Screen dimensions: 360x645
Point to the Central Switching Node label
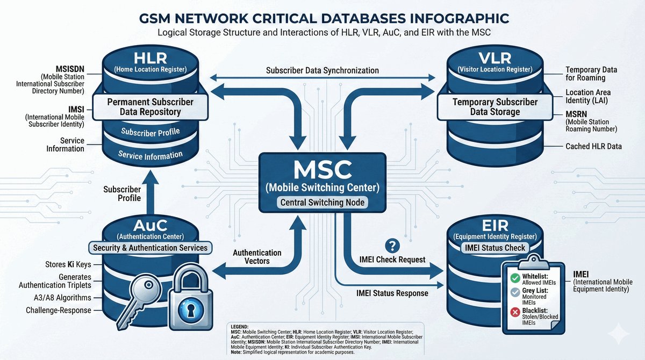coord(322,203)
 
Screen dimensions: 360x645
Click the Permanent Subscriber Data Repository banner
coord(143,106)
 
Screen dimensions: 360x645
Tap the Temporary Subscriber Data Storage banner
coord(494,106)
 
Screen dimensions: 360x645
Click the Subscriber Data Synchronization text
coord(322,70)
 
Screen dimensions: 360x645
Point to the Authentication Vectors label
coord(257,256)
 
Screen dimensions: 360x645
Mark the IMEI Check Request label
coord(392,260)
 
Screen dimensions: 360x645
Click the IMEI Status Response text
coord(392,293)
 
